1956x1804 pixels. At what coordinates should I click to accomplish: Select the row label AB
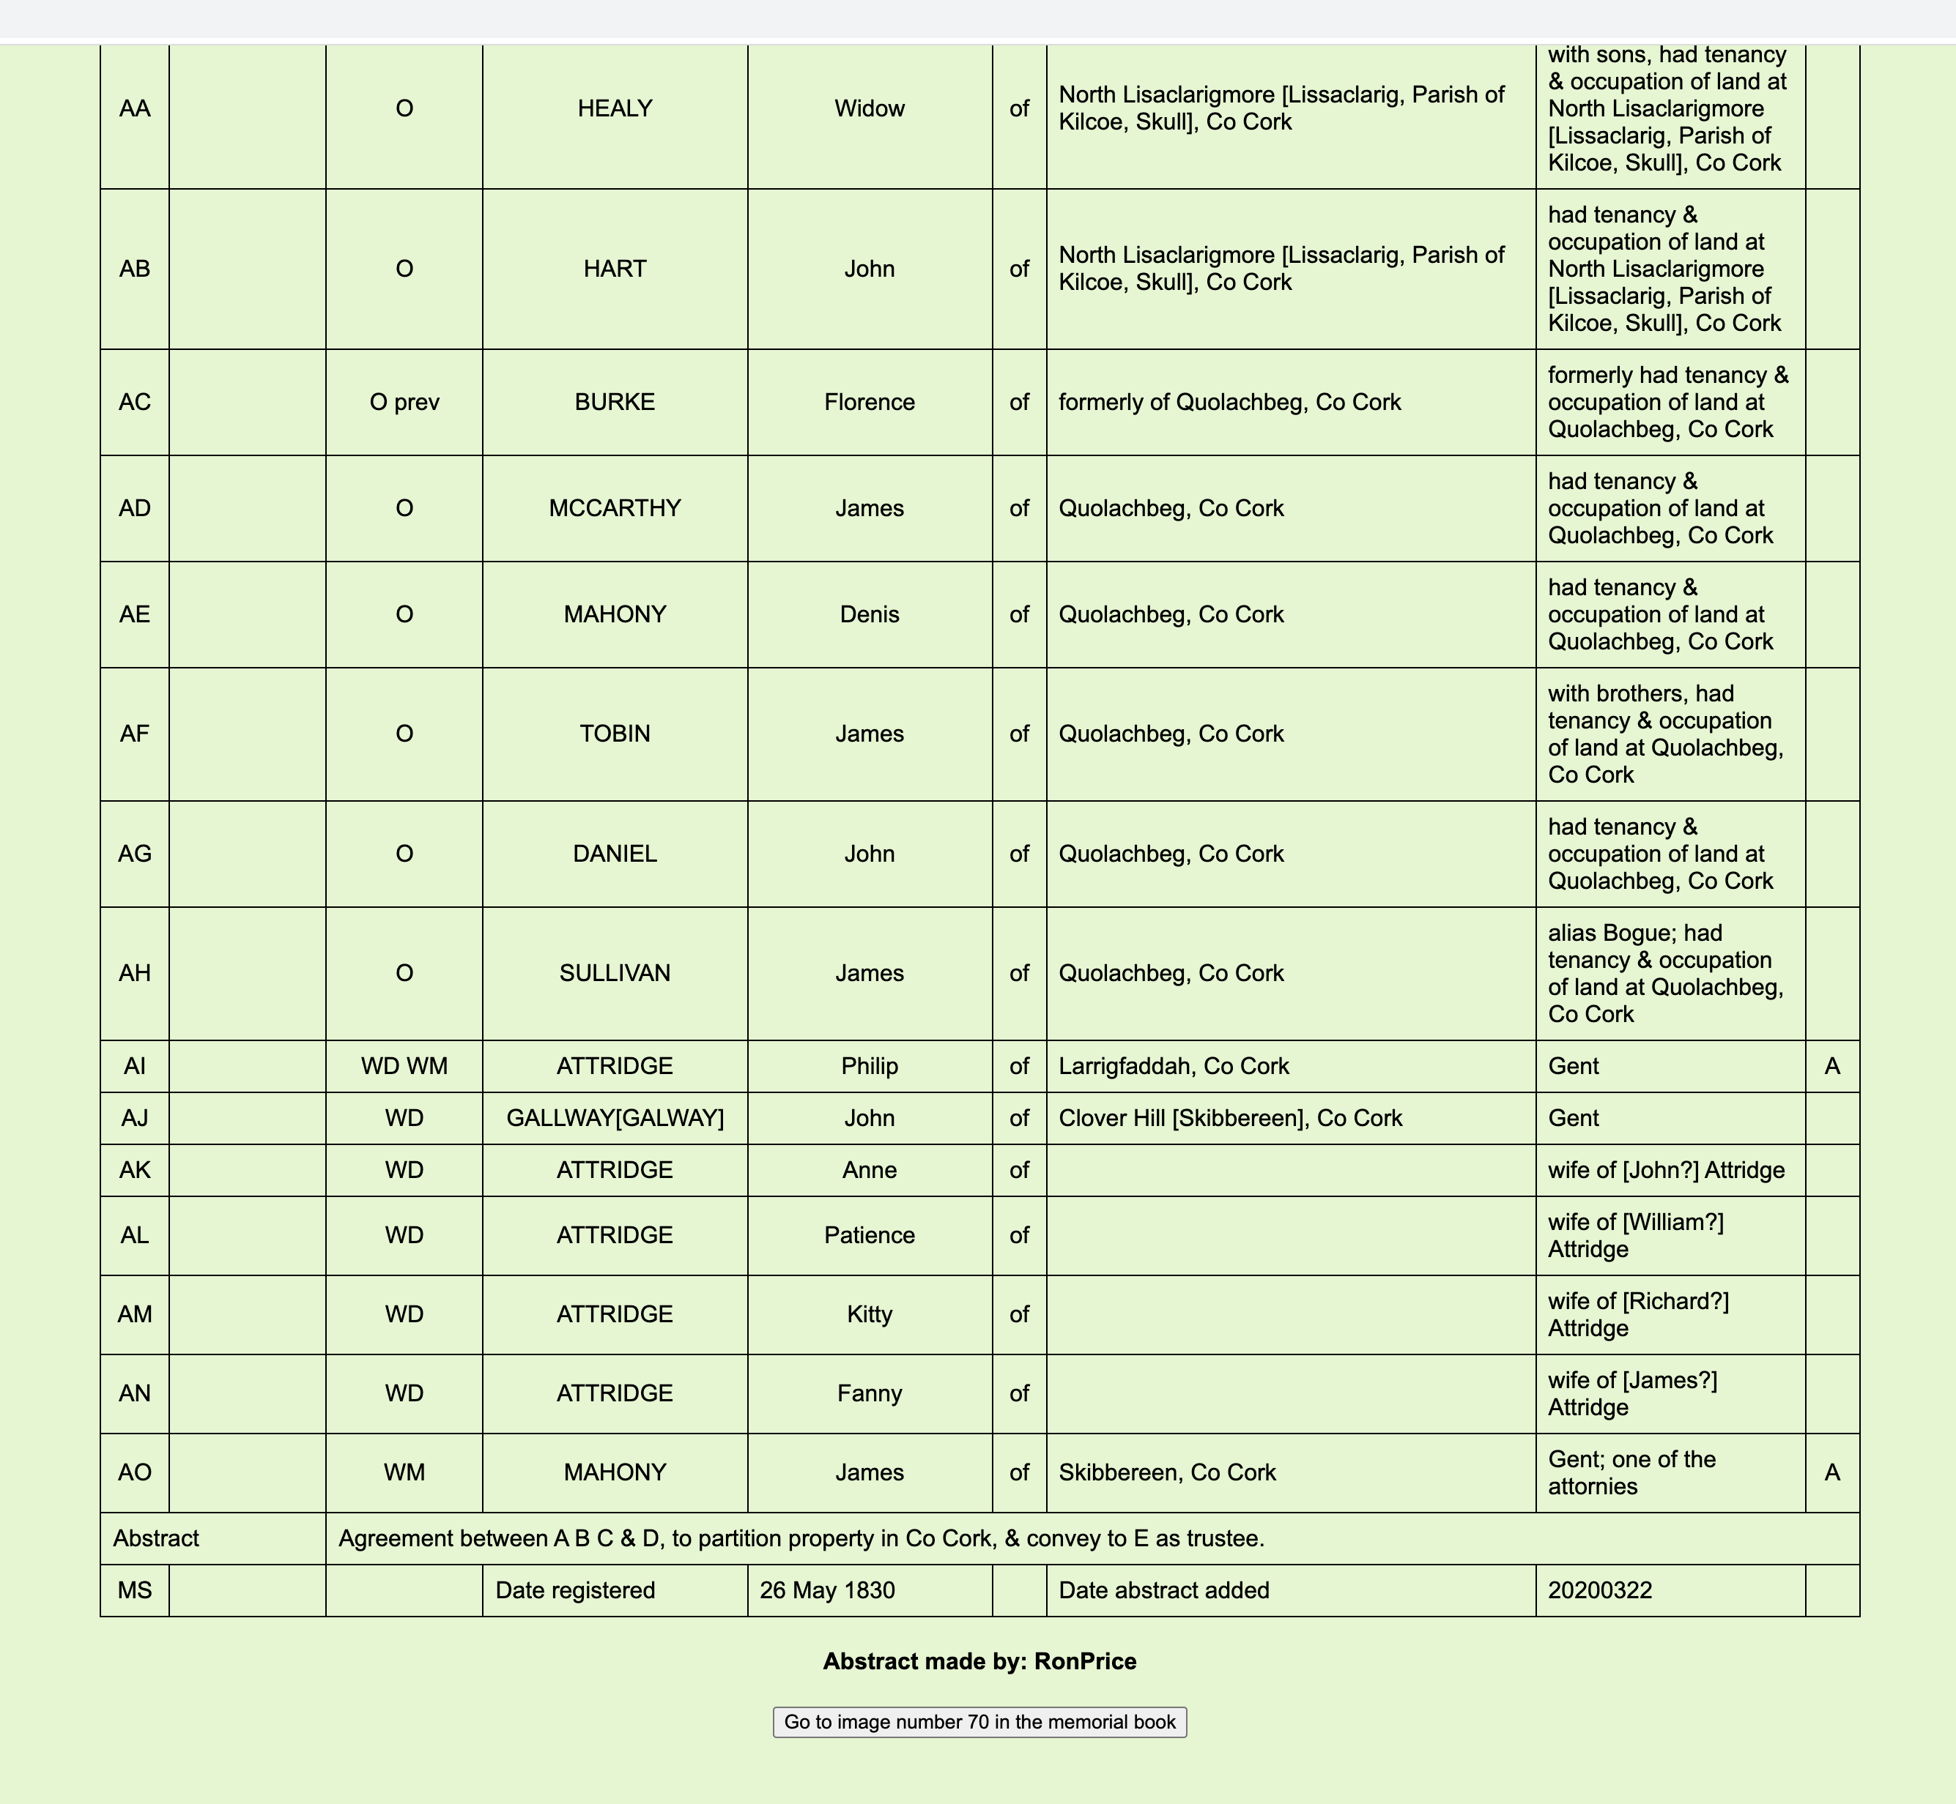tap(135, 269)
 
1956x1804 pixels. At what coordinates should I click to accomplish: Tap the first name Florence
tap(869, 402)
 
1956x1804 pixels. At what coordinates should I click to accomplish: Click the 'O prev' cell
tap(404, 402)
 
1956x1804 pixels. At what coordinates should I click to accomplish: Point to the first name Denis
tap(869, 614)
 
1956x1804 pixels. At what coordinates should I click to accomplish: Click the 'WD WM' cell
tap(404, 1066)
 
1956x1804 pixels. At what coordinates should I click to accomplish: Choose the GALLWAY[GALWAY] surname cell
tap(615, 1118)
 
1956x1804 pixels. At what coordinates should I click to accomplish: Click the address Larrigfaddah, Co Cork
tap(1173, 1066)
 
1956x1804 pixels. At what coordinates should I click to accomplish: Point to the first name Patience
tap(869, 1235)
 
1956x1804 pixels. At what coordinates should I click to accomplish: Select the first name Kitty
tap(869, 1314)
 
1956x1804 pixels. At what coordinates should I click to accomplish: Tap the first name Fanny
tap(869, 1393)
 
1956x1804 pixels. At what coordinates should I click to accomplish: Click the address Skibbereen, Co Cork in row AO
tap(1167, 1472)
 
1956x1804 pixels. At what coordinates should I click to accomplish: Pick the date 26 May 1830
tap(827, 1590)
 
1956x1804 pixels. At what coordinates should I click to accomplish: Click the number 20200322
tap(1599, 1590)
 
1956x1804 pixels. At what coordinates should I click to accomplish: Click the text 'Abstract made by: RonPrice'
tap(979, 1661)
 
